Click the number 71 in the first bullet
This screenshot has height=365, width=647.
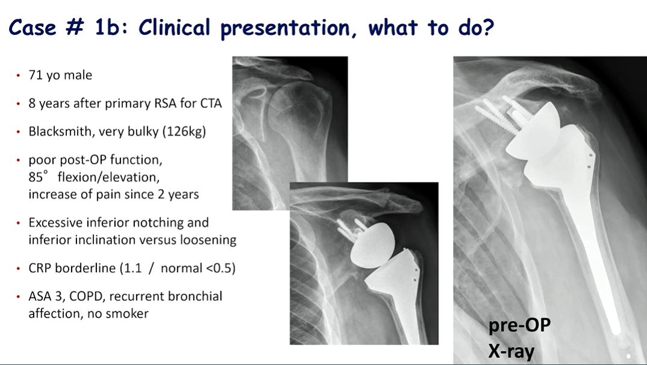[35, 75]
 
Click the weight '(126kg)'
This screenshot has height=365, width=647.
[184, 131]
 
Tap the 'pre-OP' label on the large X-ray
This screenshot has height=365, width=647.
[519, 326]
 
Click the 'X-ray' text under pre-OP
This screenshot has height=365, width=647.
[511, 350]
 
